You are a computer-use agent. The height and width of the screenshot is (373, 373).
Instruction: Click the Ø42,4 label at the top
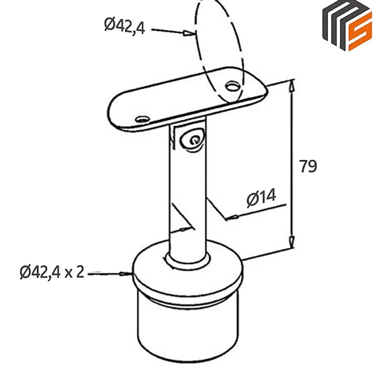coord(125,26)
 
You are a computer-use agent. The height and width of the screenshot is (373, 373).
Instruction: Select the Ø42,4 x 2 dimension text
coord(52,272)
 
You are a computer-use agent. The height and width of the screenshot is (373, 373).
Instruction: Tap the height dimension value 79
coord(308,167)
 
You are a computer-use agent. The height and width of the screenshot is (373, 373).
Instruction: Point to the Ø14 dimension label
coord(261,198)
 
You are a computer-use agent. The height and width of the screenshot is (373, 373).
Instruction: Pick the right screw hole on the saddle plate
coord(232,86)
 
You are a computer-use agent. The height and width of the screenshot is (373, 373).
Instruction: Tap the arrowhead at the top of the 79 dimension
coord(292,85)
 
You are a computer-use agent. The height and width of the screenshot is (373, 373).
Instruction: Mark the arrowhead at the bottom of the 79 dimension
coord(292,240)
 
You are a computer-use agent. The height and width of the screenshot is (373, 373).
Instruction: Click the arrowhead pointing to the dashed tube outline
coord(188,34)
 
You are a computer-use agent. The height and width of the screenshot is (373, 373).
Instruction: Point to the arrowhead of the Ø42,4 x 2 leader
coord(126,274)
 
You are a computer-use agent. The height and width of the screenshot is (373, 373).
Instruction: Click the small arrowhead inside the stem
coord(185,229)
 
